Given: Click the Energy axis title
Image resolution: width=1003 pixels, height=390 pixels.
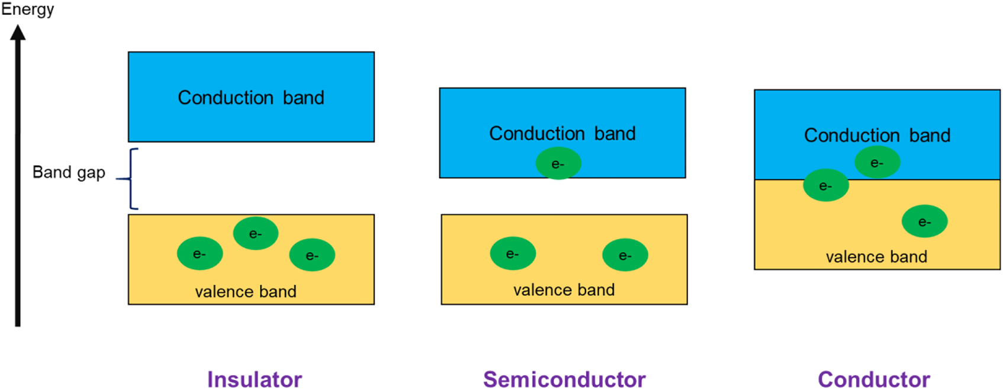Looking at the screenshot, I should click(x=27, y=9).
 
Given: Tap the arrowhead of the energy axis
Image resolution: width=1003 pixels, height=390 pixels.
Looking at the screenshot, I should click(x=18, y=32).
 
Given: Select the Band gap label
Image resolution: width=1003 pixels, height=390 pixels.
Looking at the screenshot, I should click(x=69, y=172).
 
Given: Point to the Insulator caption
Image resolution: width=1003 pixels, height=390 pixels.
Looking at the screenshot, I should click(x=254, y=379).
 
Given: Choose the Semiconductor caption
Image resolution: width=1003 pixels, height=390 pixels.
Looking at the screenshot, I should click(x=564, y=379).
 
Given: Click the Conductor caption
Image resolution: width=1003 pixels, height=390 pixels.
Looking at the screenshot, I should click(x=873, y=379).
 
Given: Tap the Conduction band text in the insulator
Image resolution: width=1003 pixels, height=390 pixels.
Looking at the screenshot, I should click(x=251, y=97).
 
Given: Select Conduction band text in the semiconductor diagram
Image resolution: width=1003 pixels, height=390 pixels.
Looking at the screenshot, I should click(x=562, y=133).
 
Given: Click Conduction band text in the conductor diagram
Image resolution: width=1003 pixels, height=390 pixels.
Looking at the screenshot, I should click(x=877, y=135).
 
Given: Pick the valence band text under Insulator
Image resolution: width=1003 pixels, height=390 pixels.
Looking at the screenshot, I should click(x=246, y=291).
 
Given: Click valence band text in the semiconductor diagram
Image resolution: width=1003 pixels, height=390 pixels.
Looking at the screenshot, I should click(x=564, y=289).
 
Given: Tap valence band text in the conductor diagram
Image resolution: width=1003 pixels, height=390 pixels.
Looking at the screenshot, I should click(x=876, y=256).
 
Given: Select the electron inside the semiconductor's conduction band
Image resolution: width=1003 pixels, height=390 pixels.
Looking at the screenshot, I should click(x=558, y=163).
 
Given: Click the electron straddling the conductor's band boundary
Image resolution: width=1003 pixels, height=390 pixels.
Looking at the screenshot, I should click(x=825, y=185).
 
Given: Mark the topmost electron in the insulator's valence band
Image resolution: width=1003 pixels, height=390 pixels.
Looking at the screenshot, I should click(x=255, y=233).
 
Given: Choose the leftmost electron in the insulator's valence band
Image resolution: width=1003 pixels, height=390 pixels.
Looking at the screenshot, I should click(x=200, y=254).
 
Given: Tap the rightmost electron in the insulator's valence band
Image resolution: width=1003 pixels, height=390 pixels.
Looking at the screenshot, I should click(x=311, y=255).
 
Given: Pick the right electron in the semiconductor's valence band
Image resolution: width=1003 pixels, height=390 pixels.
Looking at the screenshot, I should click(x=625, y=255).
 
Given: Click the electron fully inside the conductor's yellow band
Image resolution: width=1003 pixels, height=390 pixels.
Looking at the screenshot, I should click(x=924, y=221).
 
